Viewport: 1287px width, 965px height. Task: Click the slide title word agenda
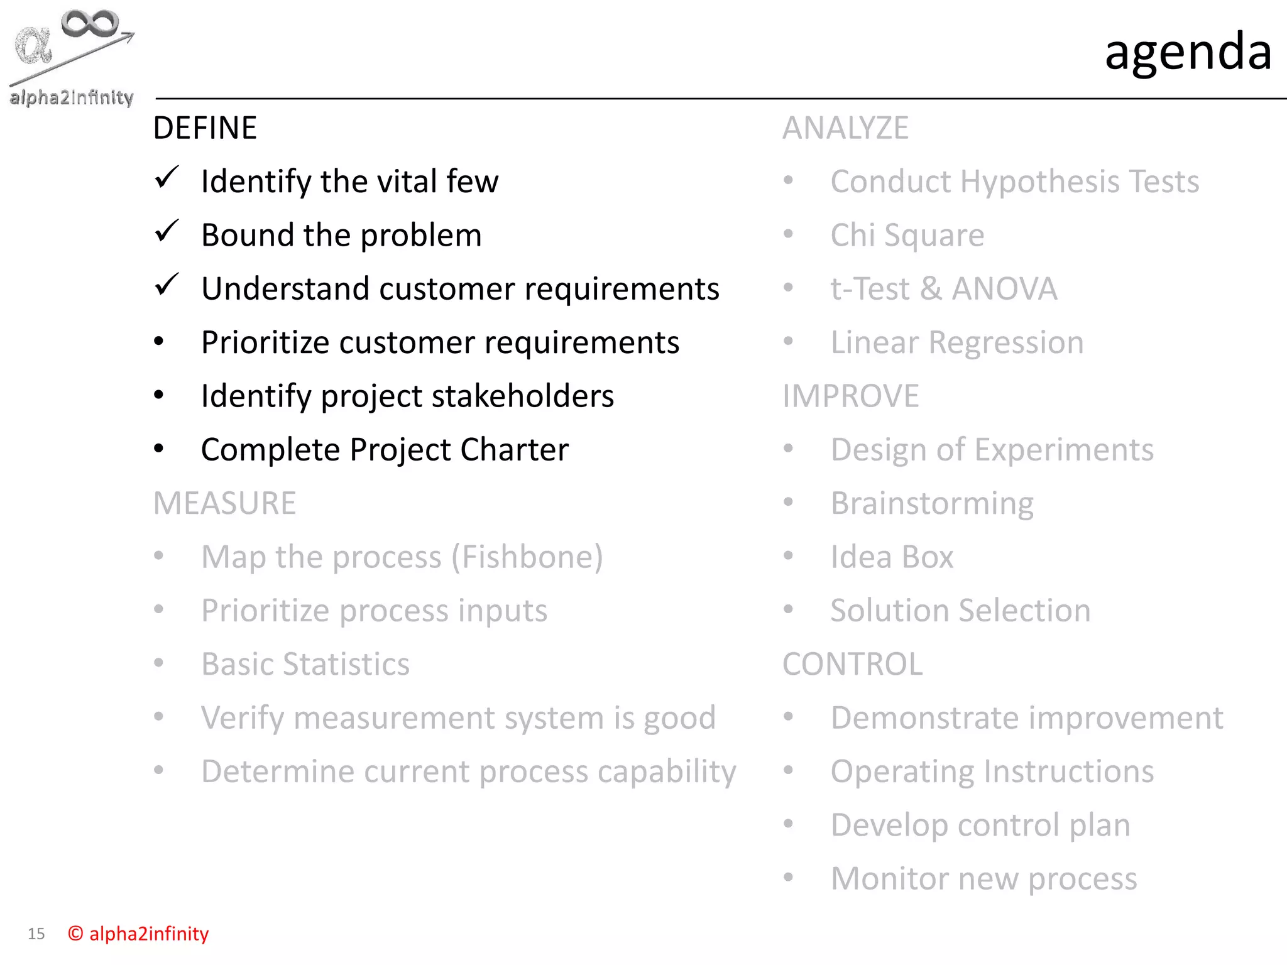tap(1188, 52)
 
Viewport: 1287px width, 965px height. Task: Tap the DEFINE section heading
tap(205, 128)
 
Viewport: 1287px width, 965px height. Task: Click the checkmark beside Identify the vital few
tap(167, 178)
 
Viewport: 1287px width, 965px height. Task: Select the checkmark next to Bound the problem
tap(167, 231)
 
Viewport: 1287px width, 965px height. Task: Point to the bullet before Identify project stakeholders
tap(159, 395)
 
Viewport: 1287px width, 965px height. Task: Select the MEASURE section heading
tap(224, 503)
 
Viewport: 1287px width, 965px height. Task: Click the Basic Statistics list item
tap(305, 664)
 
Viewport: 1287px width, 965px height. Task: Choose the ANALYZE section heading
tap(845, 128)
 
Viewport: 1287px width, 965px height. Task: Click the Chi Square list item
tap(907, 236)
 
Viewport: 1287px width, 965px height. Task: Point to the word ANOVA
tap(1004, 289)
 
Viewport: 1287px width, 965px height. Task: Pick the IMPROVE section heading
tap(850, 396)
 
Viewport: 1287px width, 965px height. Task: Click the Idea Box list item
tap(892, 557)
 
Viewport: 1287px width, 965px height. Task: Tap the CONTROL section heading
tap(852, 664)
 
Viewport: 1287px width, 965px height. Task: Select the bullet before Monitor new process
tap(789, 877)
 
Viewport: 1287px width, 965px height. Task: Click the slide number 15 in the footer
tap(36, 934)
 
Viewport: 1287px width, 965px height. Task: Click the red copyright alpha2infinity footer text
tap(139, 934)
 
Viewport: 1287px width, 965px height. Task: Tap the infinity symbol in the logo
tap(89, 24)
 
